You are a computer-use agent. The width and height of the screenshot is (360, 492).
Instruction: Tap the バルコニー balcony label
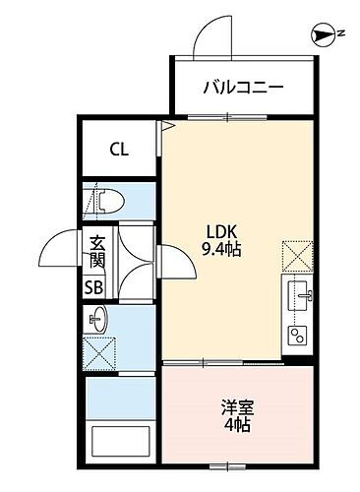(244, 87)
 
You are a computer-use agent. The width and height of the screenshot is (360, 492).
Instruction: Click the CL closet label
(118, 151)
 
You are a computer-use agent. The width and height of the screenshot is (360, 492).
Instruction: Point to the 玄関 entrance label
(97, 252)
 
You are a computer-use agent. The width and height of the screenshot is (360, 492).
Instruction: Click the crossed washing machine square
(99, 351)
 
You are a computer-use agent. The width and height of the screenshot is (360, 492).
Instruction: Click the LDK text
(216, 232)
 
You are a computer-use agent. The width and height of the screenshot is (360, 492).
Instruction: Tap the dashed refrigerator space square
(297, 255)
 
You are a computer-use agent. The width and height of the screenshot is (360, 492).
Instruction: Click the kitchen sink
(298, 292)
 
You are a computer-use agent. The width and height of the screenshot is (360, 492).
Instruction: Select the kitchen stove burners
(296, 333)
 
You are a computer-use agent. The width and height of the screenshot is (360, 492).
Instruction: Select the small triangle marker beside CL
(168, 127)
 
